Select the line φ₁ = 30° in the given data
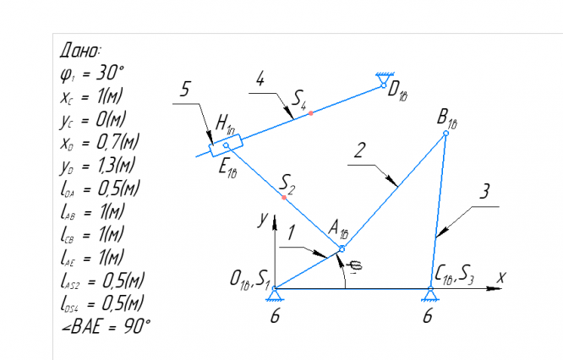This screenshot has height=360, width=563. pyautogui.click(x=92, y=74)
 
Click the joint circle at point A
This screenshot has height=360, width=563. pyautogui.click(x=342, y=248)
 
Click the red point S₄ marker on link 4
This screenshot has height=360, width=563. pyautogui.click(x=311, y=112)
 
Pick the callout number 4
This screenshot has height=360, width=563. pyautogui.click(x=260, y=79)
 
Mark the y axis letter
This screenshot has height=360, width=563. pyautogui.click(x=264, y=219)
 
